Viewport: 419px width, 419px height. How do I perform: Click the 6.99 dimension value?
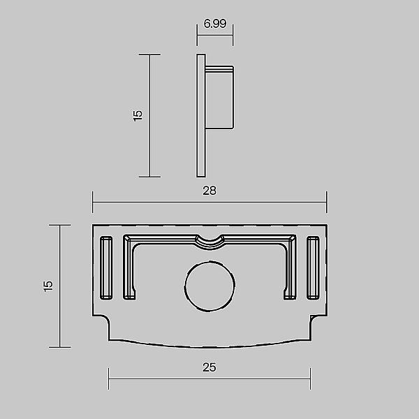tap(215, 24)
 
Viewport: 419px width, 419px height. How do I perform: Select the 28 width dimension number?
tap(209, 191)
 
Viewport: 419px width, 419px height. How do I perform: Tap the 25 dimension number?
tap(209, 367)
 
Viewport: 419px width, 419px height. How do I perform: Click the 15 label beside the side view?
tap(138, 116)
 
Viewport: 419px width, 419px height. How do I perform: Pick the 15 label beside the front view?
tap(48, 286)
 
